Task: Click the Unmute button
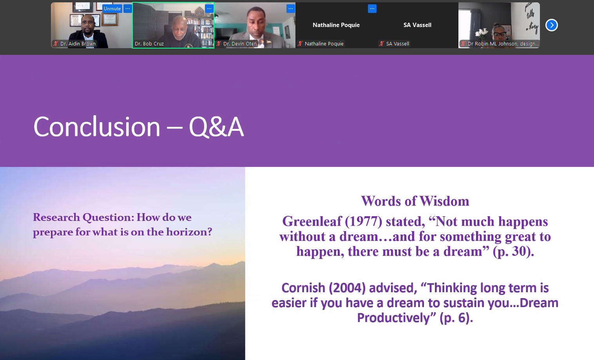112,9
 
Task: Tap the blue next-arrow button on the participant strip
552,25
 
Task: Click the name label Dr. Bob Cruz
149,44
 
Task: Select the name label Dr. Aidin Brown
78,44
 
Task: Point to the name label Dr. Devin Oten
240,44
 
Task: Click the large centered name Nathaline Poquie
336,25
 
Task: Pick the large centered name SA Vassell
417,25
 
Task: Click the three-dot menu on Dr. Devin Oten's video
291,9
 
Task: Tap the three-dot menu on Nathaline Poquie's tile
372,9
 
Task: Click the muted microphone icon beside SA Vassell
382,44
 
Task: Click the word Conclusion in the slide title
97,127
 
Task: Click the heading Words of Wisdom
415,201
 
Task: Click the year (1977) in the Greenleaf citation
363,221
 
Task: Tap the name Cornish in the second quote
303,288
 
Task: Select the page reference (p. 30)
513,251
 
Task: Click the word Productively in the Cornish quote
393,318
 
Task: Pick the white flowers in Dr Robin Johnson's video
482,33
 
